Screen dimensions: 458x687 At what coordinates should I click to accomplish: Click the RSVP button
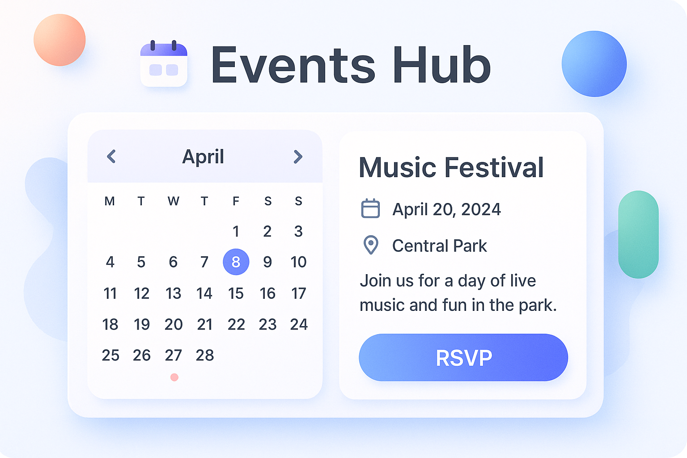(x=463, y=357)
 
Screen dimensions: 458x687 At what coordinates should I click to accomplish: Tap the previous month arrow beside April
(x=111, y=157)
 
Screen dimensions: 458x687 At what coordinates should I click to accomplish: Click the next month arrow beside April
(x=298, y=157)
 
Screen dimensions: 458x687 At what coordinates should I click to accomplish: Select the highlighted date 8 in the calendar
(x=236, y=262)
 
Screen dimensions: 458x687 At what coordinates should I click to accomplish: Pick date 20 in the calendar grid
(x=174, y=324)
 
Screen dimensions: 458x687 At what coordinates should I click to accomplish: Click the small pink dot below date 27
(x=174, y=377)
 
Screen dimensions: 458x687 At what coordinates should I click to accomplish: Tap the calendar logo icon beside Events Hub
(x=164, y=64)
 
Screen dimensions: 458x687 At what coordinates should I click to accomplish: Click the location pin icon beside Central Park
(x=371, y=245)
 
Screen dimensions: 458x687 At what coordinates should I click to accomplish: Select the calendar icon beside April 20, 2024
(x=370, y=209)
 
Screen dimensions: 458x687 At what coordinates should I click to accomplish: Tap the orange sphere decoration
(x=59, y=40)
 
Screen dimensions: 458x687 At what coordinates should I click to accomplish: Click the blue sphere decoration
(x=594, y=64)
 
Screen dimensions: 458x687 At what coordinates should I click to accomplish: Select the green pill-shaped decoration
(x=638, y=234)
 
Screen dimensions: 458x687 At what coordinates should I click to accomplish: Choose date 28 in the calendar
(x=205, y=355)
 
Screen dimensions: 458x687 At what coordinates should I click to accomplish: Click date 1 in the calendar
(x=236, y=231)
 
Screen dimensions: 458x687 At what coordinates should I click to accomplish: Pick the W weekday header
(x=174, y=201)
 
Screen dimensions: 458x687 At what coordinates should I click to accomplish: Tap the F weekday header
(x=236, y=201)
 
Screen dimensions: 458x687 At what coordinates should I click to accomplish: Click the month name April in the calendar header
(x=203, y=157)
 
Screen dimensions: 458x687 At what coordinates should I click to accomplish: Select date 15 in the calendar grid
(x=236, y=293)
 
